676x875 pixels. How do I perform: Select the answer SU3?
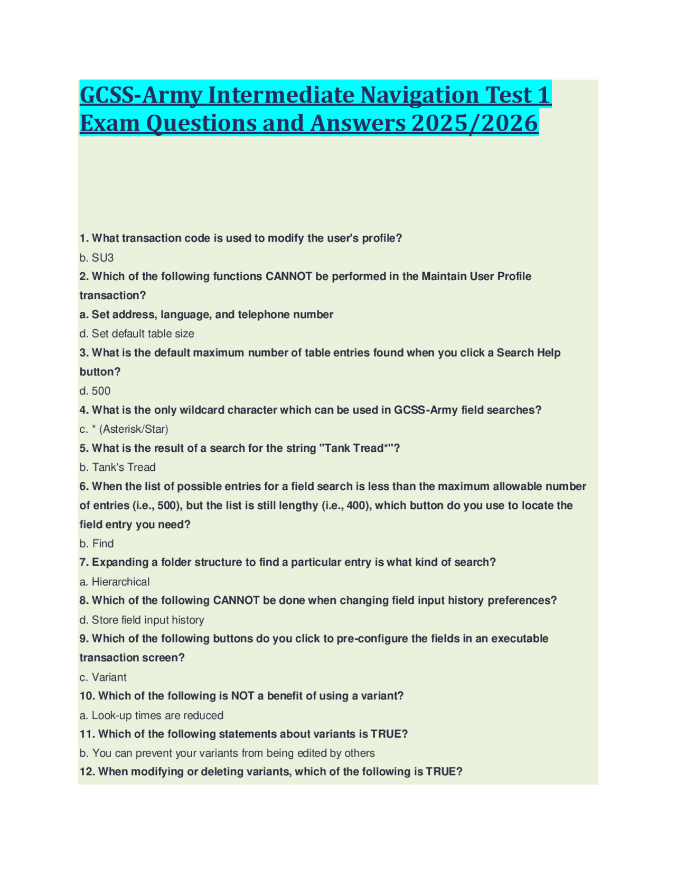coord(102,258)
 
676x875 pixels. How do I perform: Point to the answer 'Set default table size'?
coord(143,334)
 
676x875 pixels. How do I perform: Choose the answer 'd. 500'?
coord(96,391)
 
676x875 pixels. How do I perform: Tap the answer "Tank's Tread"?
coord(124,468)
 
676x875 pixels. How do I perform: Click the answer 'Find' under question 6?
coord(103,544)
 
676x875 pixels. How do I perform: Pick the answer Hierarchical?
coord(120,582)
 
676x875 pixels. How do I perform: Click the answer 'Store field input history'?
coord(148,620)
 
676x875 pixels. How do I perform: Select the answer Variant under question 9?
coord(109,677)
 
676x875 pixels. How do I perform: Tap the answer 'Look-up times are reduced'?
coord(157,715)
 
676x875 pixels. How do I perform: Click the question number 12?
coord(87,772)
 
